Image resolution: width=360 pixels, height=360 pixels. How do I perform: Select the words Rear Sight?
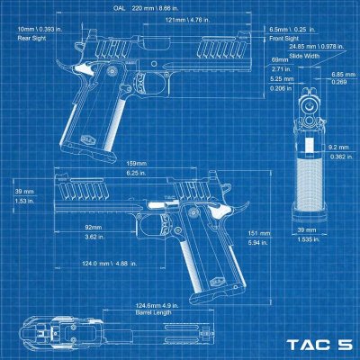(x=32, y=38)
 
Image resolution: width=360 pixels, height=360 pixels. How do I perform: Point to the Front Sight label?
(x=285, y=39)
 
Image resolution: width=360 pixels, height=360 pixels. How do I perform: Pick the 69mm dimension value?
(x=280, y=59)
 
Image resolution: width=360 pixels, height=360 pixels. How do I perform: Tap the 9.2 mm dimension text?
(x=338, y=147)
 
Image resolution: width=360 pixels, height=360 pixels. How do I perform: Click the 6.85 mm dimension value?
(x=338, y=74)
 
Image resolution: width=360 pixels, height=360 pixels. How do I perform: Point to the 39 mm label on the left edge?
(x=23, y=192)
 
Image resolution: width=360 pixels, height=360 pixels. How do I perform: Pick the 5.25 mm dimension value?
(x=281, y=78)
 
